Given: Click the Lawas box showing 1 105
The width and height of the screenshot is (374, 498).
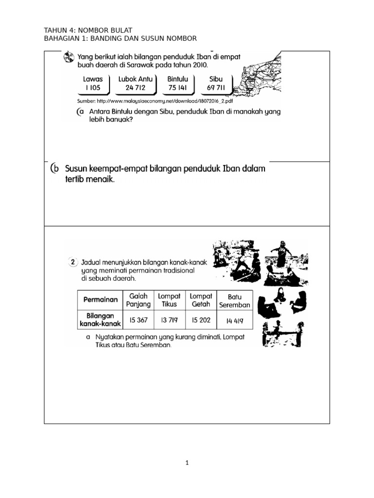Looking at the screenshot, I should pos(93,83).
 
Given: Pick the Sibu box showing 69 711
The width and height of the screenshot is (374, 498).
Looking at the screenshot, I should pos(216,83).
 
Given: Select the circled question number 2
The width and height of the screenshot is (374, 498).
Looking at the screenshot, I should pos(73,262).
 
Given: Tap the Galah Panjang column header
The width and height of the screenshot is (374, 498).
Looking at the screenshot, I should pos(139,300).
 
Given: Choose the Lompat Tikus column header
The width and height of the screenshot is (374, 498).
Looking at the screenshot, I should pos(169,300).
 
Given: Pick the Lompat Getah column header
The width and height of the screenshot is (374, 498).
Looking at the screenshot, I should pos(201,300).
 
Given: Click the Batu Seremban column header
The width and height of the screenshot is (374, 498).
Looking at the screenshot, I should pos(235,300).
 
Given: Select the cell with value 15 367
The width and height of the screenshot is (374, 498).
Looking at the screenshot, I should pos(139,320).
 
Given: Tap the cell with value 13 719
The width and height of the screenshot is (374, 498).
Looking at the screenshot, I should pos(169,320).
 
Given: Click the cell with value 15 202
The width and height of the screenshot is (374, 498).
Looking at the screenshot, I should pos(201,320).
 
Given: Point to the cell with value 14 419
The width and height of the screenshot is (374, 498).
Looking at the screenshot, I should pos(235,320).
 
